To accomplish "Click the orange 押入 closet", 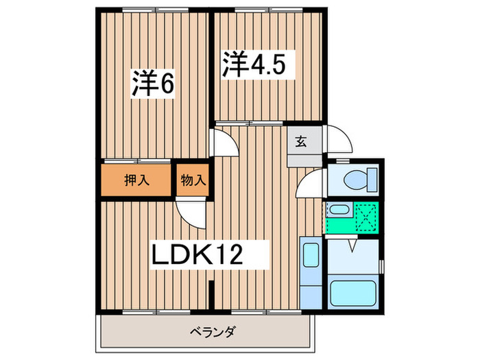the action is click(136, 180).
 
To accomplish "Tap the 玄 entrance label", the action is click(300, 143).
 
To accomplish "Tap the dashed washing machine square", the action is click(365, 217).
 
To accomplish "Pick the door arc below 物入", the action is click(191, 213).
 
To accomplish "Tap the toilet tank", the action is click(374, 181).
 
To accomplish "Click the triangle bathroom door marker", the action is click(353, 245).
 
